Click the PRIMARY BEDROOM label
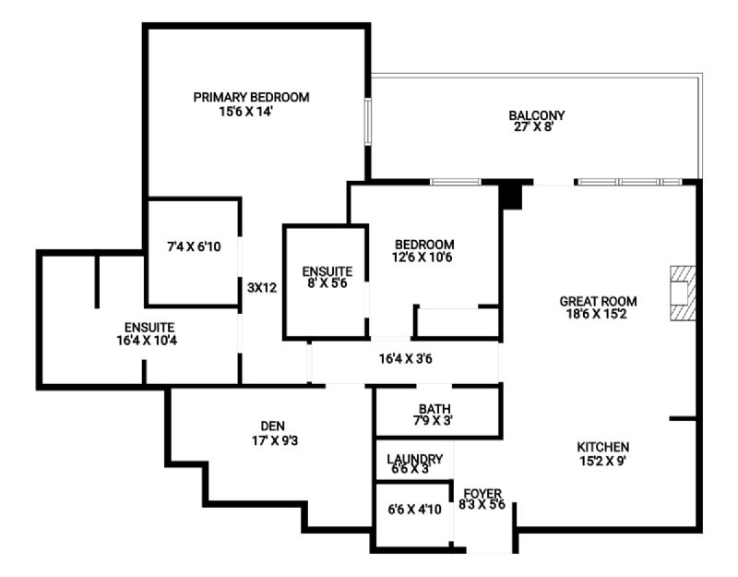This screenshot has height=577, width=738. [x=251, y=98]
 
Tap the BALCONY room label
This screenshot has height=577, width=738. [x=537, y=114]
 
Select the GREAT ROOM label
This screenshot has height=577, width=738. [x=598, y=301]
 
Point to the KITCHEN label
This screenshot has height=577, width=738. [x=603, y=447]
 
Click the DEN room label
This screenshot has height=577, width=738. [x=272, y=427]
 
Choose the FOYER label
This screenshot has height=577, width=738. [x=482, y=494]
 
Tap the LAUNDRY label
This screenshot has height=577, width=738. [x=414, y=459]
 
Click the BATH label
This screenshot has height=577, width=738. [x=434, y=408]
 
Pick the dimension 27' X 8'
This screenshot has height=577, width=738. [x=533, y=126]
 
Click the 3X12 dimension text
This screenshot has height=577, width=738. [x=262, y=287]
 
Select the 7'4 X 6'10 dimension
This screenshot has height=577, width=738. [x=194, y=246]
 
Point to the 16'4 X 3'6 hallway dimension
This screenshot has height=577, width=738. [x=406, y=359]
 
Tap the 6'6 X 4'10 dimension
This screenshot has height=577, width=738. [x=414, y=510]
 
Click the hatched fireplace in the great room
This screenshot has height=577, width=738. [x=683, y=294]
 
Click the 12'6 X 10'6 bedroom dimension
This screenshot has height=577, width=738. [x=423, y=258]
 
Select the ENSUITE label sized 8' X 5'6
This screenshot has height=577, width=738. [x=327, y=271]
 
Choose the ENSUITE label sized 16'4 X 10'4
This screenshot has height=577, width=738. [x=149, y=328]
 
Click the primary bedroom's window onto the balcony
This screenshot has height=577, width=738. [x=368, y=122]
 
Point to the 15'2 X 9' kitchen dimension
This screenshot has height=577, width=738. [x=603, y=461]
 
